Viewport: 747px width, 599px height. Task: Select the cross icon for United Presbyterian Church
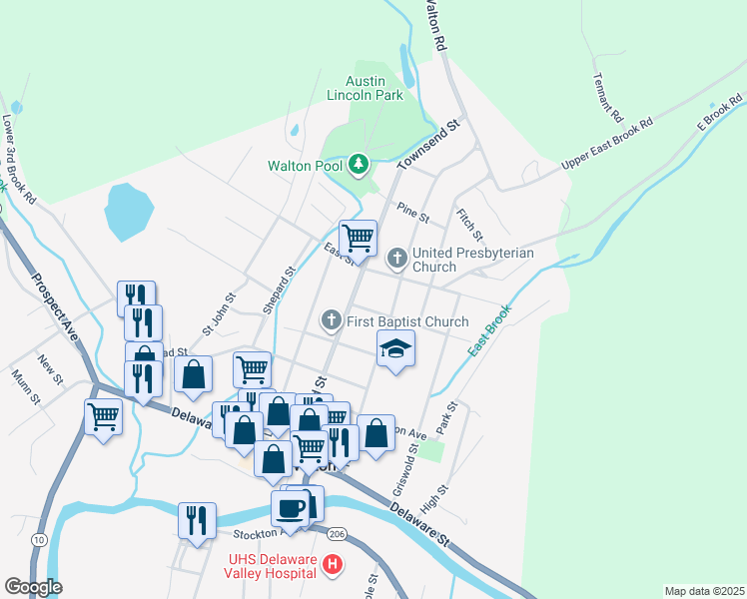tap(396, 260)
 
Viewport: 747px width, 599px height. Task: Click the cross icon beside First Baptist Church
tap(332, 321)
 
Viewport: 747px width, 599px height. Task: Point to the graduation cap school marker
tap(396, 349)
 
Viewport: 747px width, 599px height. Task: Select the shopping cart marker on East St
tap(358, 239)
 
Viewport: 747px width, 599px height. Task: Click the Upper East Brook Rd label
tap(606, 146)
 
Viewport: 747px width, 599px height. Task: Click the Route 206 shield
tap(337, 535)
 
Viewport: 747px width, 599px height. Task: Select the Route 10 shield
tap(38, 540)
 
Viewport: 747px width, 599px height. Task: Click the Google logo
tap(33, 587)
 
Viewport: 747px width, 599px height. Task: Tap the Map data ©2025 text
tap(704, 591)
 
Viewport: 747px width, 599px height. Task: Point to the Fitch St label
tap(469, 224)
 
